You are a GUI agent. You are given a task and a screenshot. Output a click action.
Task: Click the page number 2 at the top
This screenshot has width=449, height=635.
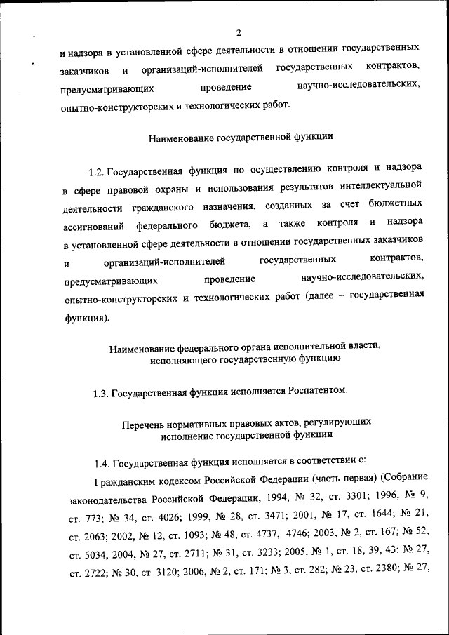tap(239, 32)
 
